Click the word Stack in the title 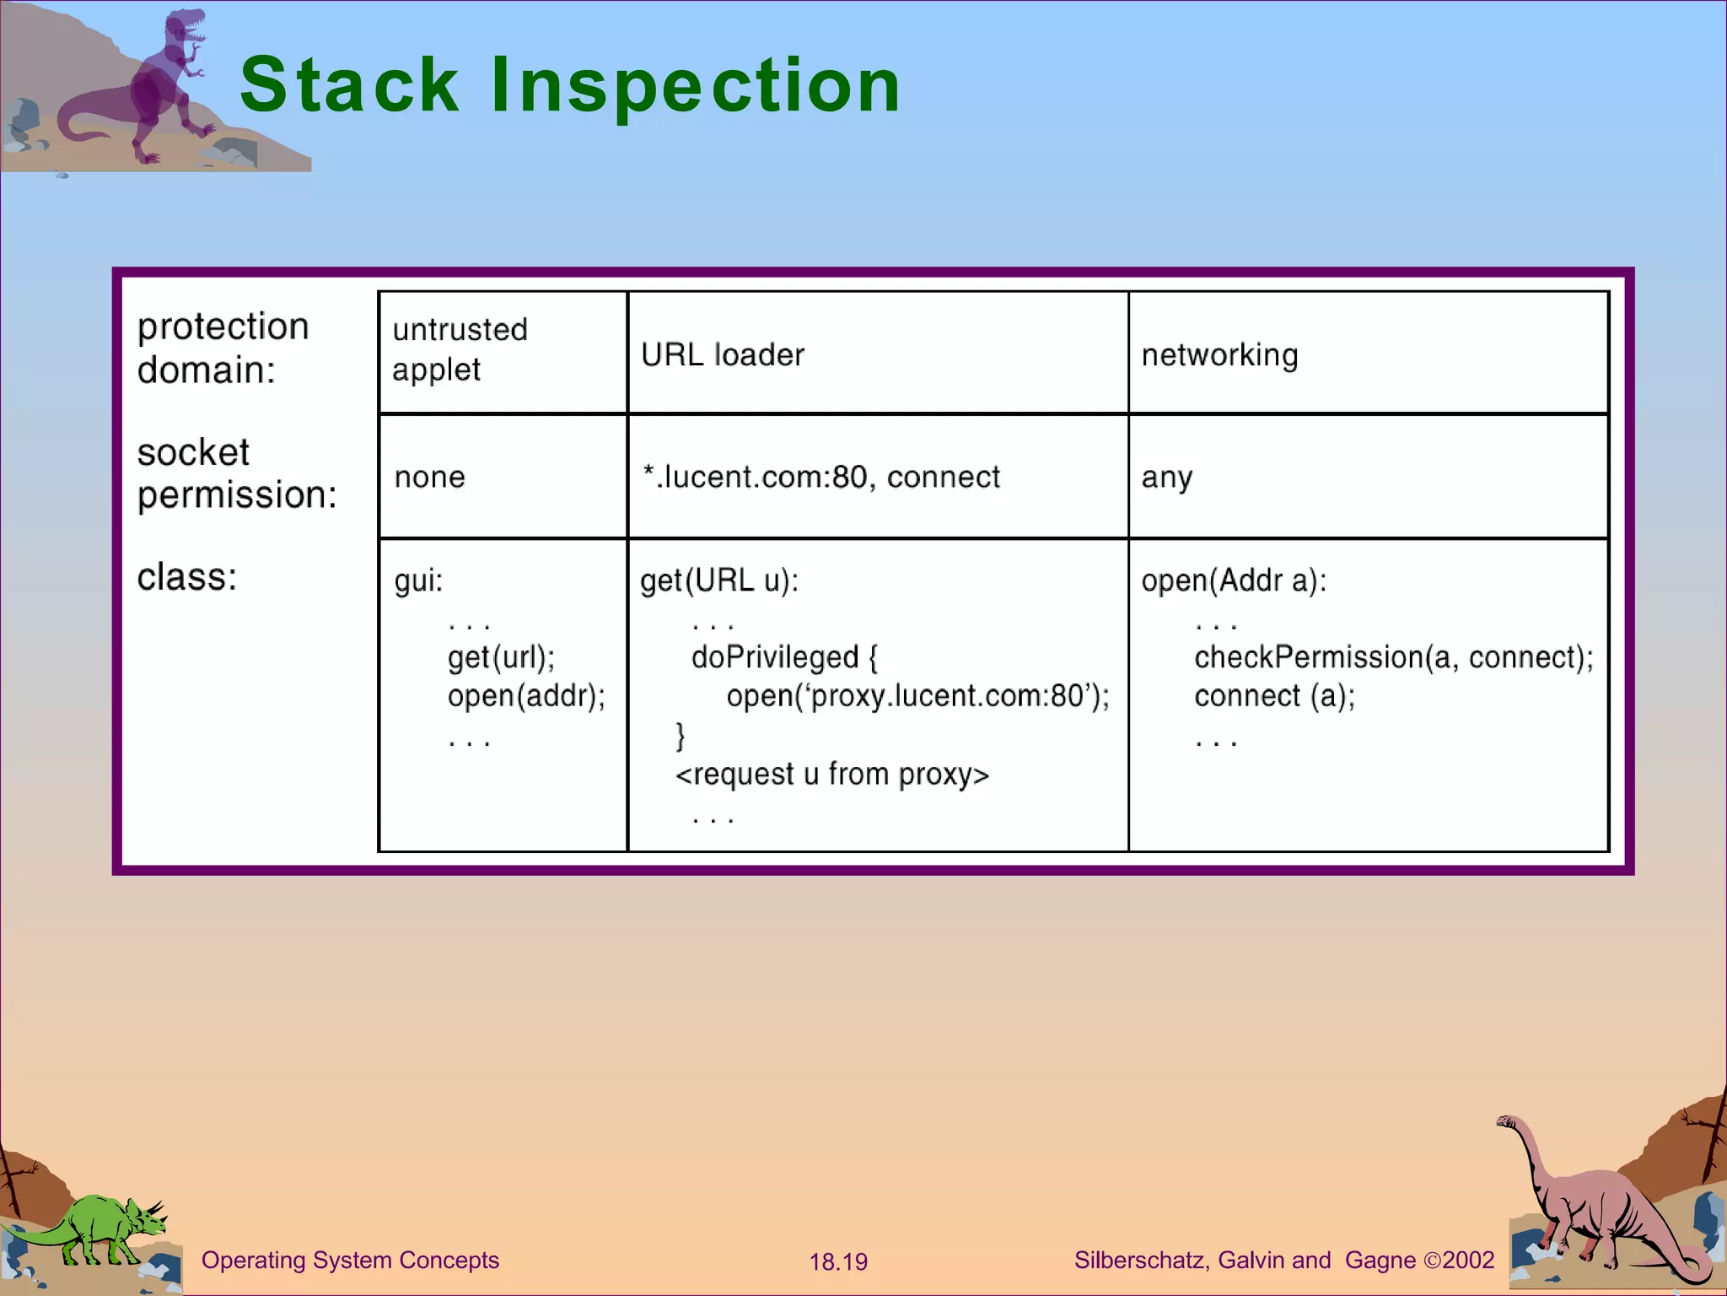349,84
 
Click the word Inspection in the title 696,84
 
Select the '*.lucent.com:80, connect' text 820,478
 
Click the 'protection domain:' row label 223,348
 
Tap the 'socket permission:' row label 236,473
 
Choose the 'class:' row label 187,578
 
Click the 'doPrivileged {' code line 784,657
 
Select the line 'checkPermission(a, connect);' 1393,657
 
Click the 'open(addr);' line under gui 526,696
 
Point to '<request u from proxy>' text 831,775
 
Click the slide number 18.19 838,1262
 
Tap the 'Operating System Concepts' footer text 350,1261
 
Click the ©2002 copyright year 1460,1261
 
